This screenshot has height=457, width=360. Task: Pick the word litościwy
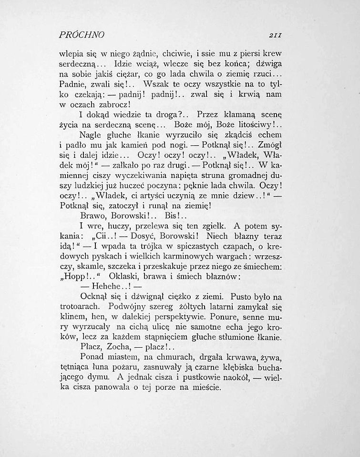click(257, 126)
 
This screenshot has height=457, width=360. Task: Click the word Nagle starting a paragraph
click(91, 135)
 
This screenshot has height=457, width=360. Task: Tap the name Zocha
click(118, 348)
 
